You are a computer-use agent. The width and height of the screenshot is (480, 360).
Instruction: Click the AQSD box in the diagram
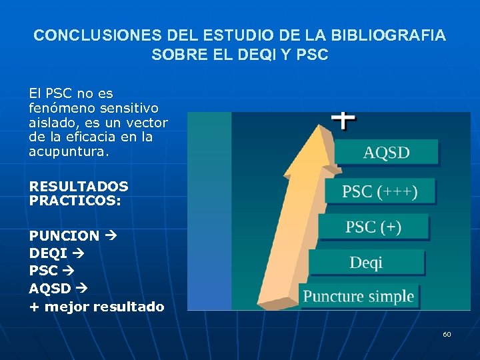pos(386,153)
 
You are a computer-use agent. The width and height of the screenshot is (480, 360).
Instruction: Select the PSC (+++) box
pos(380,192)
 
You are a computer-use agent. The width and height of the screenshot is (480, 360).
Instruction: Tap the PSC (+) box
pos(373,227)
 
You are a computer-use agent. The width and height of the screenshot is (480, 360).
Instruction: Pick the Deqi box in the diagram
pos(366,263)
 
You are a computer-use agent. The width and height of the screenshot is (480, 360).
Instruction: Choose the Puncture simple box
pos(359,296)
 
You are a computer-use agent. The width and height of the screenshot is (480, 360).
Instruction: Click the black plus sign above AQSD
pos(343,121)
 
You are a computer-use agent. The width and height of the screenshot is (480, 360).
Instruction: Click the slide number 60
pos(447,334)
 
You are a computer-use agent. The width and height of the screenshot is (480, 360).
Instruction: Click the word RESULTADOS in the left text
pos(79,187)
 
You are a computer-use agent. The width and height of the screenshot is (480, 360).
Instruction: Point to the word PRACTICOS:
pos(75,199)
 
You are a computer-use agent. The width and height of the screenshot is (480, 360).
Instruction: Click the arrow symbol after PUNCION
pos(110,236)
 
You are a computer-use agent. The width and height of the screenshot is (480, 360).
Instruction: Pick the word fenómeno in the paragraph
pos(58,107)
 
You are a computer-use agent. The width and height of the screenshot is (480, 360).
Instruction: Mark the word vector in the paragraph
pos(147,122)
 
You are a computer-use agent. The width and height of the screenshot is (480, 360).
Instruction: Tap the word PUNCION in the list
pos(64,236)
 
